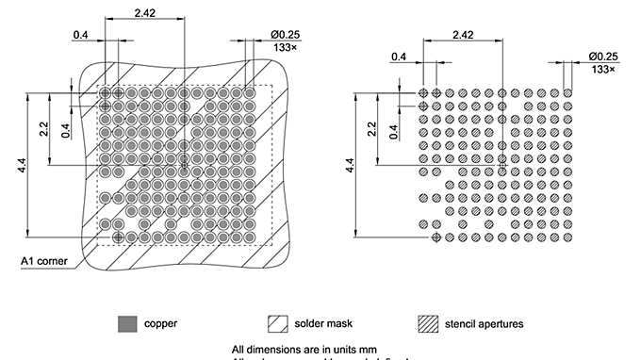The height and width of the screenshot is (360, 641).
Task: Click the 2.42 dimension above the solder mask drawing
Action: (x=145, y=12)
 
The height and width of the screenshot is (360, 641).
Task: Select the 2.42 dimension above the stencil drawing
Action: (x=463, y=34)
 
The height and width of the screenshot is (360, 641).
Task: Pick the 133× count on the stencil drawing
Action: (x=602, y=69)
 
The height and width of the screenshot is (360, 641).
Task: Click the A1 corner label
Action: (x=42, y=260)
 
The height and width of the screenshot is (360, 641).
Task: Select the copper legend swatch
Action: (x=125, y=323)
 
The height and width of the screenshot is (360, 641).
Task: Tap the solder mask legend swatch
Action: (x=278, y=323)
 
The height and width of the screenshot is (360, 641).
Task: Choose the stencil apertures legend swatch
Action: (x=429, y=323)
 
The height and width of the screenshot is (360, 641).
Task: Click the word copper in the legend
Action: (x=161, y=324)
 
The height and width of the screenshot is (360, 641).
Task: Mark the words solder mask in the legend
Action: (x=324, y=324)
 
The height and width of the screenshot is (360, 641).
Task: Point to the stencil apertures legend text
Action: (x=485, y=324)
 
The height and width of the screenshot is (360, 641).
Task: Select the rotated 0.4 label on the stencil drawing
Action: (x=394, y=129)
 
